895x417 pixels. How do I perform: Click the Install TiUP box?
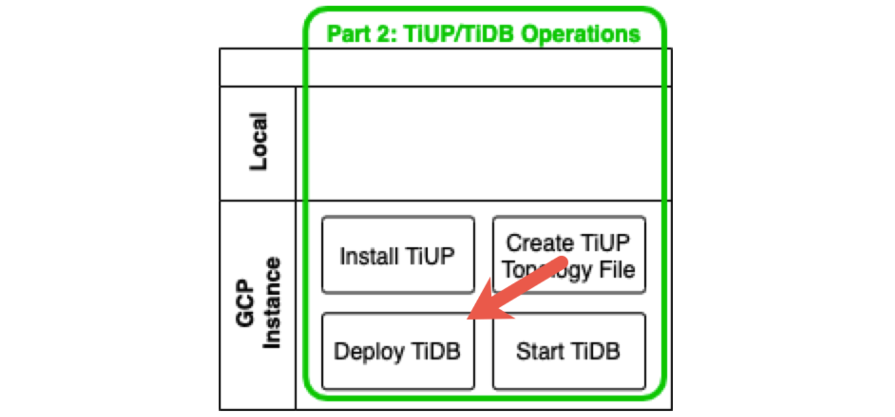(398, 255)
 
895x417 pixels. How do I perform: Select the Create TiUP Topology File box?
(569, 255)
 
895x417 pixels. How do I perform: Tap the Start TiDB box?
(569, 351)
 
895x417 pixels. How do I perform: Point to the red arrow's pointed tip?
(468, 318)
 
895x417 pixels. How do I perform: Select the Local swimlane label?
(258, 142)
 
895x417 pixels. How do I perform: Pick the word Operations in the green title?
(580, 34)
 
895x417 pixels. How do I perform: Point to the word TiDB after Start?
(597, 351)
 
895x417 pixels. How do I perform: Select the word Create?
(540, 243)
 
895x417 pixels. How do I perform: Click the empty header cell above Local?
(258, 67)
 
